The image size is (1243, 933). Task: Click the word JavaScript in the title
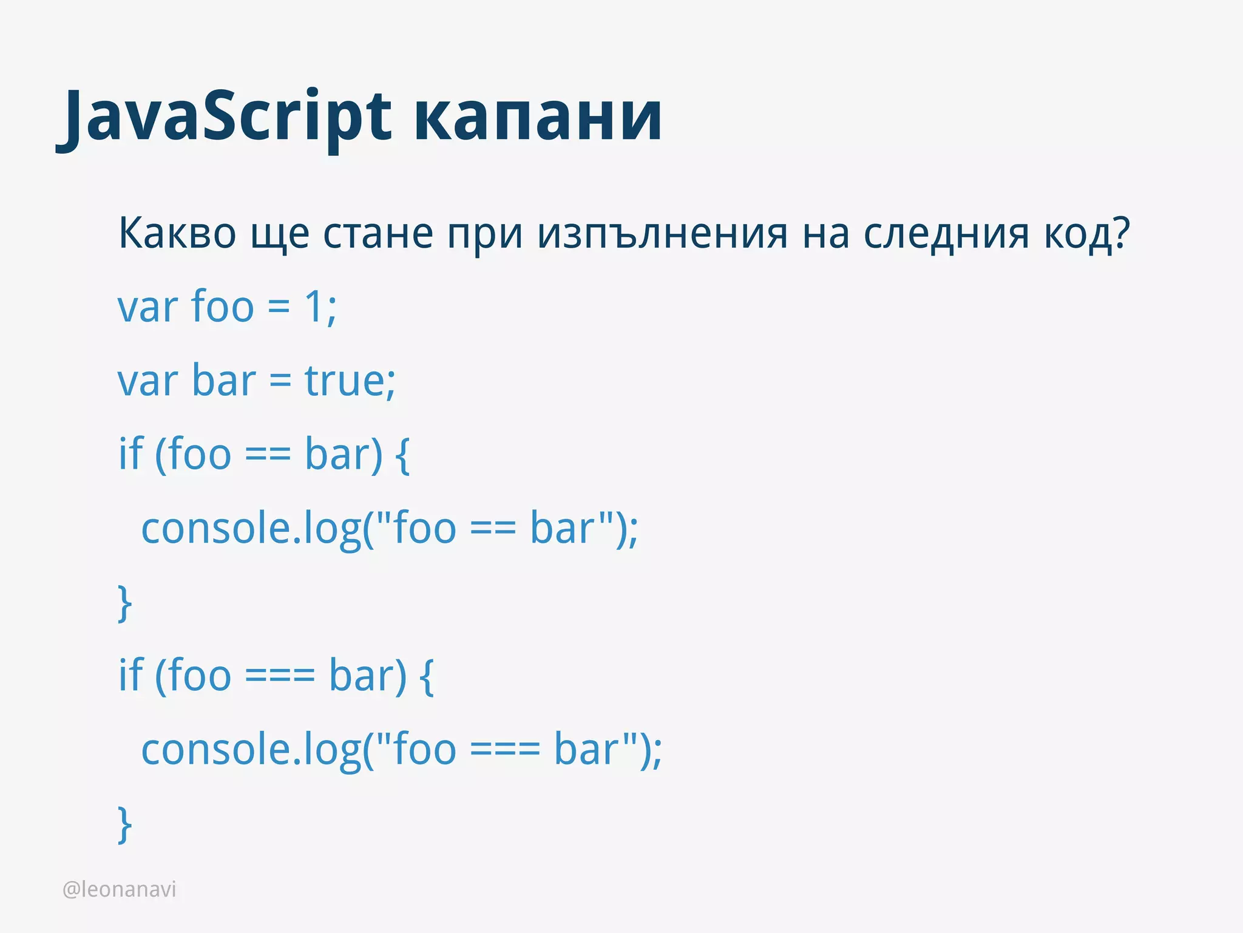225,117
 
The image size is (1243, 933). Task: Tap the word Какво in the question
177,234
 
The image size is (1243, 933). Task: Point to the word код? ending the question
1086,234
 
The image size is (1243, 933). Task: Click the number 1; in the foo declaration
320,307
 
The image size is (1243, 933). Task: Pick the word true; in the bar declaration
350,381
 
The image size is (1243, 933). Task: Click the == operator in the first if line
268,455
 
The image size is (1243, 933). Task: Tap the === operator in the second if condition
280,676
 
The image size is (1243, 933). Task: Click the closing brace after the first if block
124,603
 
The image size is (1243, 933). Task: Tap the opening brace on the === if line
427,676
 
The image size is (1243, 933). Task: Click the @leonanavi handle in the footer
120,889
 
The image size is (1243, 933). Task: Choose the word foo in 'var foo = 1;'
222,307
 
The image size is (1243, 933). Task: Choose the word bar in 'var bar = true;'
223,381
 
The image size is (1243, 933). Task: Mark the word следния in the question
946,234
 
